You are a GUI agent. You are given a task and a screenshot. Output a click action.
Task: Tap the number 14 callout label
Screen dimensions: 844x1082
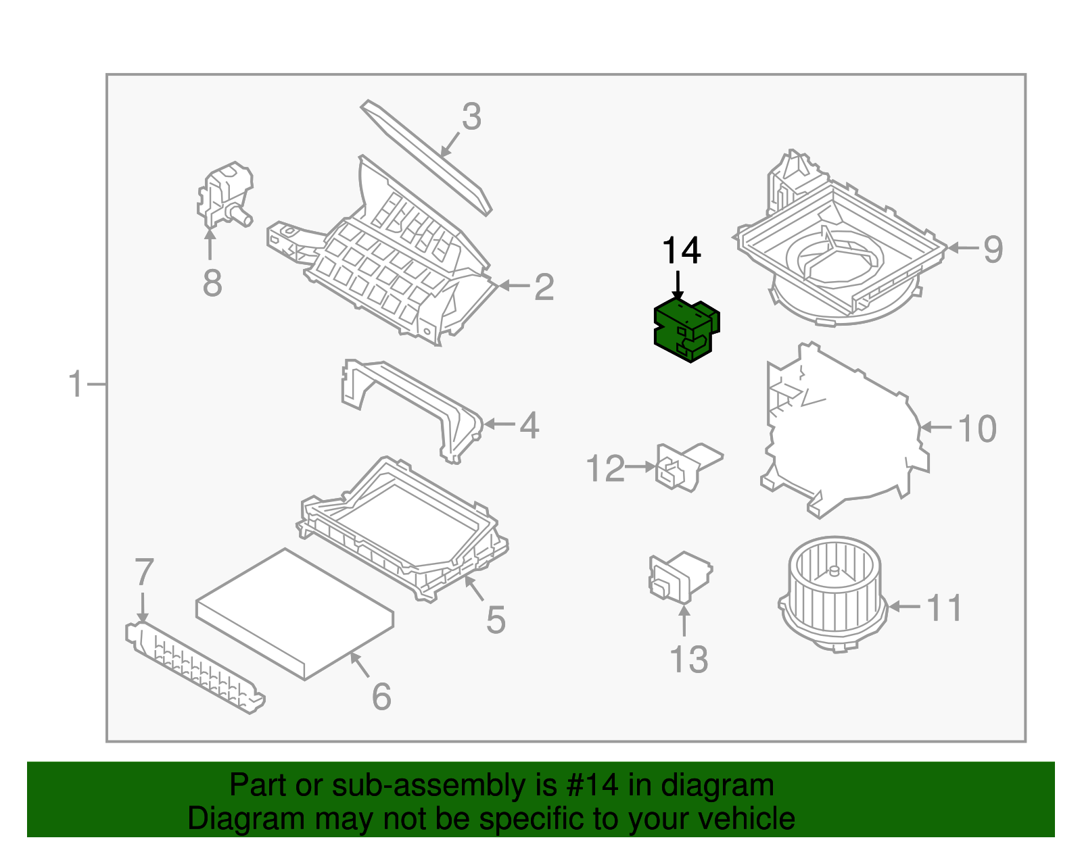pyautogui.click(x=681, y=251)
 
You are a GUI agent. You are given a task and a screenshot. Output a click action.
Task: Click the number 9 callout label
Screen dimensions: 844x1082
pyautogui.click(x=992, y=249)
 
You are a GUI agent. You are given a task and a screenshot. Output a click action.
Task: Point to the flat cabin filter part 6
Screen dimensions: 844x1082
pyautogui.click(x=295, y=612)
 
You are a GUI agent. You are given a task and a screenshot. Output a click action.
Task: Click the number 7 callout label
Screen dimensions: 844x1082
pyautogui.click(x=144, y=572)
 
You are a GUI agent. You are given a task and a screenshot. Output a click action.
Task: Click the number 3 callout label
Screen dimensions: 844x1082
pyautogui.click(x=471, y=117)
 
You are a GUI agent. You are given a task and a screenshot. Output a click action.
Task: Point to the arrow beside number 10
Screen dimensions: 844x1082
pyautogui.click(x=937, y=427)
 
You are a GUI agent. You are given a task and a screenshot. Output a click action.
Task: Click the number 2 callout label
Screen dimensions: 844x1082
pyautogui.click(x=544, y=287)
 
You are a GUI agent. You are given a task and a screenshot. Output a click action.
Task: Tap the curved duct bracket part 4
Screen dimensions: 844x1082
pyautogui.click(x=413, y=405)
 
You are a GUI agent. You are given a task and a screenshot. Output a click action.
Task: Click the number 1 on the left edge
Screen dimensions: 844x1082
pyautogui.click(x=76, y=384)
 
